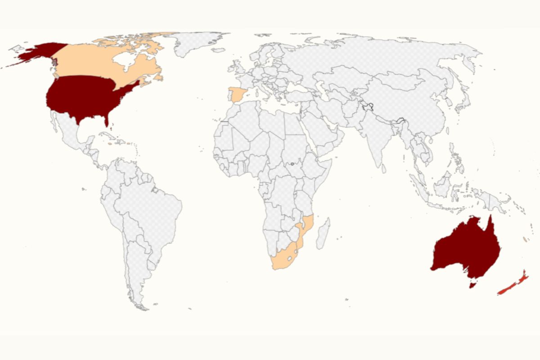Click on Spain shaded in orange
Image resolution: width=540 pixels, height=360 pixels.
(237, 95)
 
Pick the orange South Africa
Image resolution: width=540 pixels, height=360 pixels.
(283, 259)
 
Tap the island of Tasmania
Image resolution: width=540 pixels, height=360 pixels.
(472, 284)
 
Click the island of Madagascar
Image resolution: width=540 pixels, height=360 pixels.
(323, 234)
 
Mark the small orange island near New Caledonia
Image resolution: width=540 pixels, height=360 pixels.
(525, 238)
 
